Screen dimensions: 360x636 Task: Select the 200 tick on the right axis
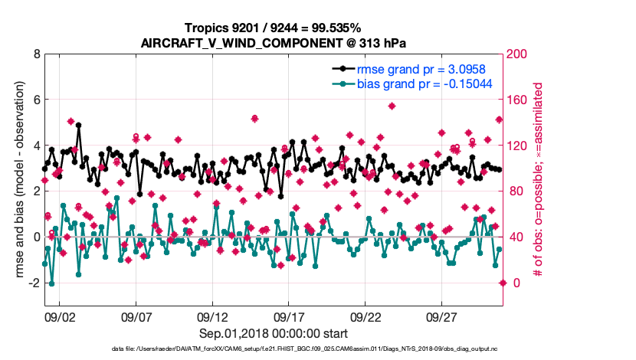coord(516,54)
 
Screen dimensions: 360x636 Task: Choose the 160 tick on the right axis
coord(516,100)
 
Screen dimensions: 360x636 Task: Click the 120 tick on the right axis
coord(516,146)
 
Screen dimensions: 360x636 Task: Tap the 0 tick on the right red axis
coord(510,283)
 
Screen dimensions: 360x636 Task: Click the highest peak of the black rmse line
coord(79,125)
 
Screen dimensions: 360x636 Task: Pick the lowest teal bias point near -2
coord(51,283)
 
